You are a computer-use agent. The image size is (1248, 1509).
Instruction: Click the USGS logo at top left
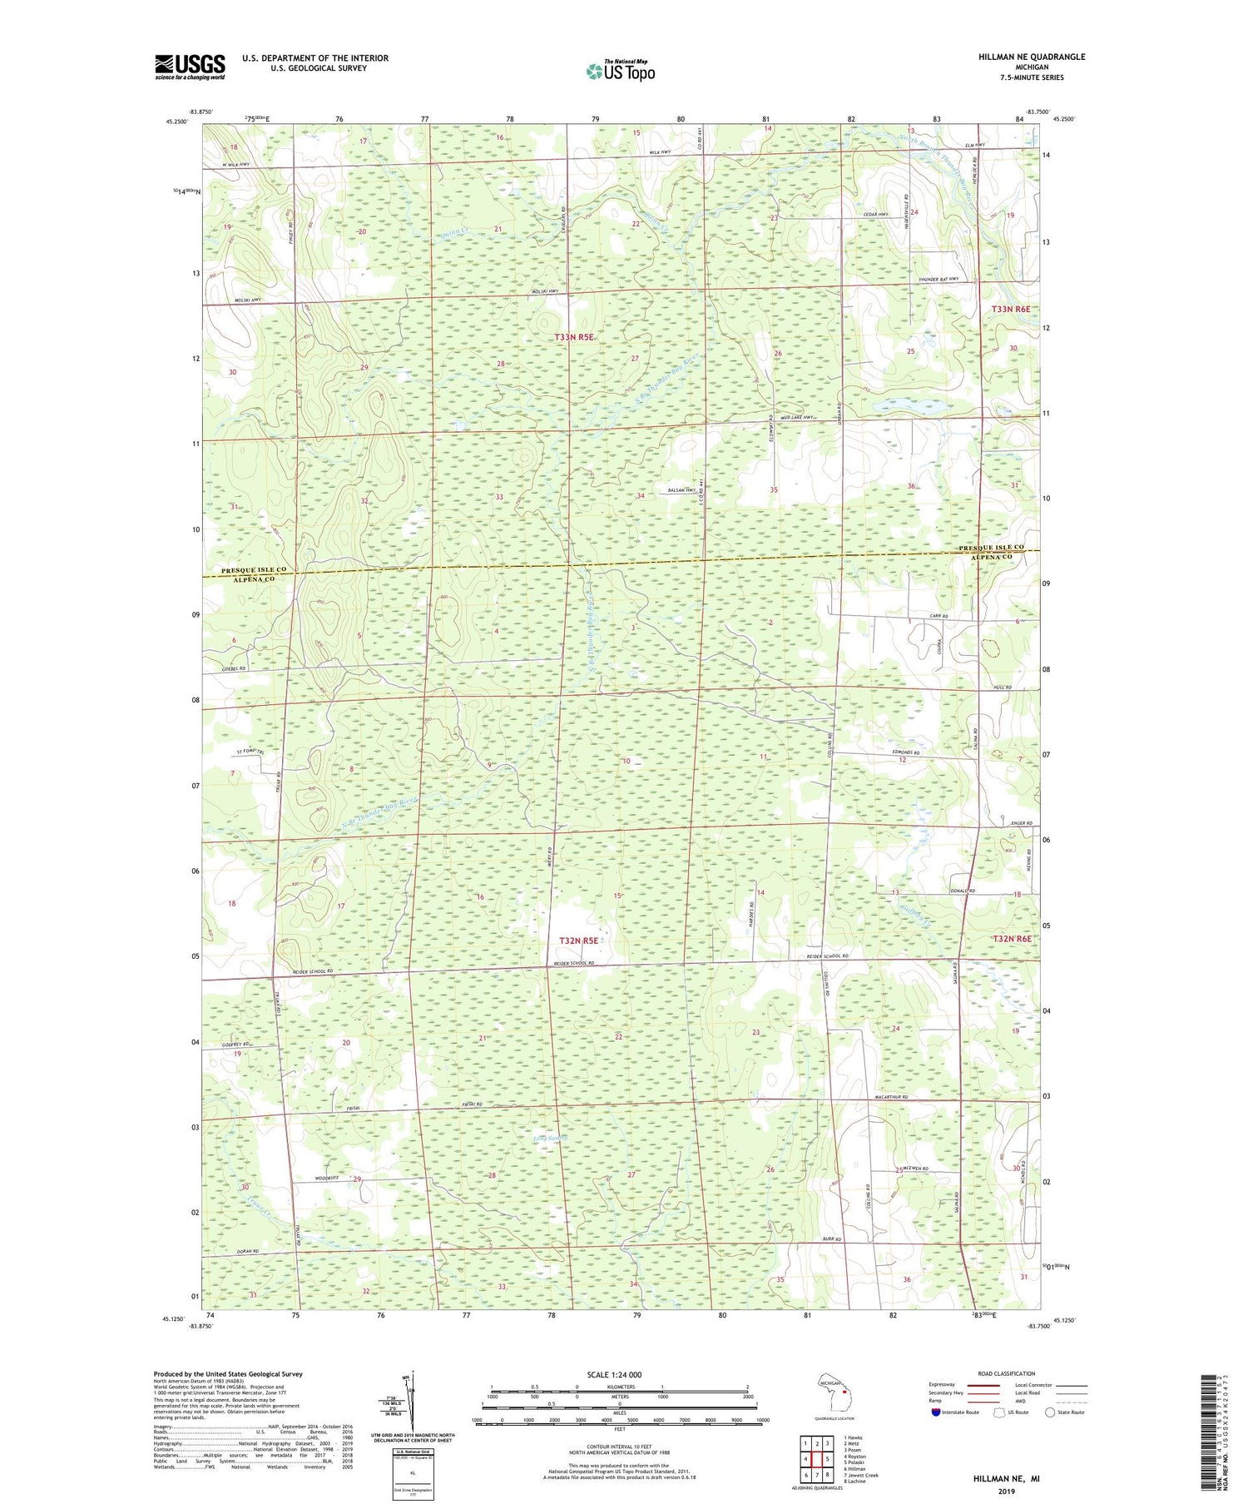click(190, 67)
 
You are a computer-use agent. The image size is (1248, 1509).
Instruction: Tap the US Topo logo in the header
click(620, 72)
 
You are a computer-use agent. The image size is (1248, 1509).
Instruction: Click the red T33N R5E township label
click(575, 337)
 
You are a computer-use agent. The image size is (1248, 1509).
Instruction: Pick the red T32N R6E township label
click(1011, 938)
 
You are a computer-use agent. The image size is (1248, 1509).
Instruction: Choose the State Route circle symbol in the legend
click(1050, 1412)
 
